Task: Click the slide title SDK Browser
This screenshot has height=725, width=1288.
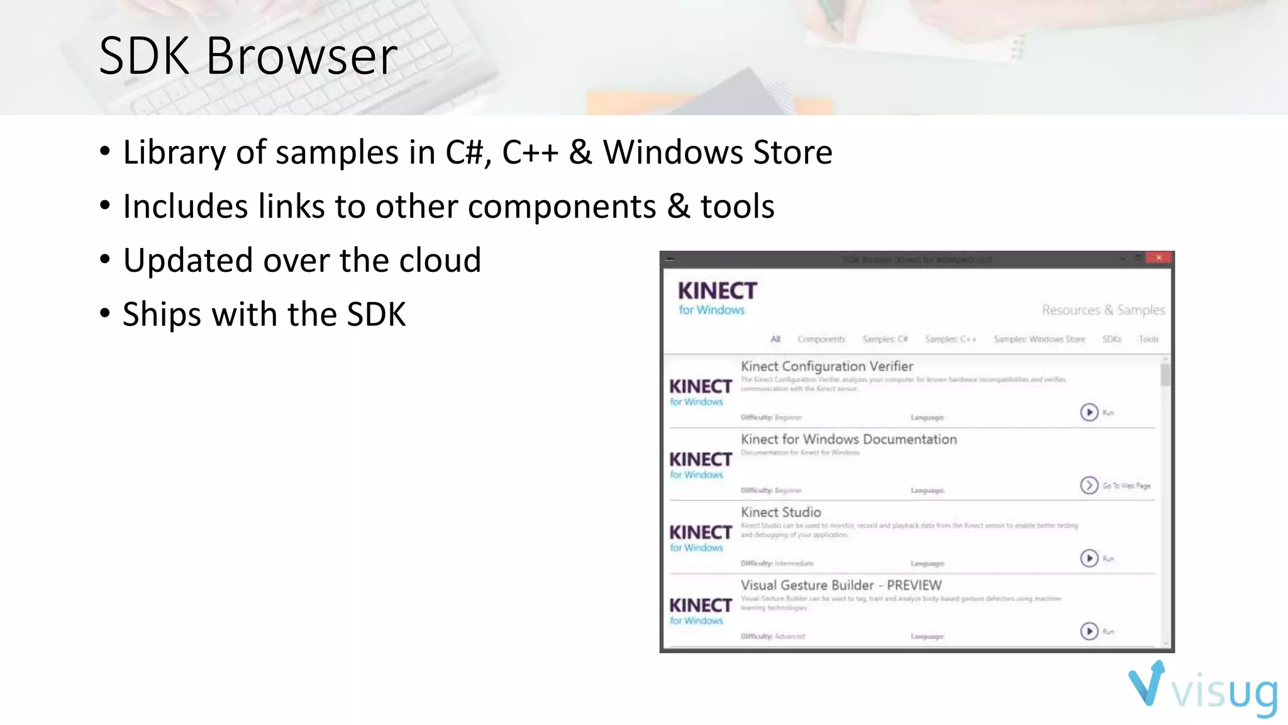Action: click(x=248, y=56)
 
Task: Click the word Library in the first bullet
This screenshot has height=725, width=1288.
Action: click(x=165, y=152)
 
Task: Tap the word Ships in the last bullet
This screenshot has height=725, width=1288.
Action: click(x=158, y=314)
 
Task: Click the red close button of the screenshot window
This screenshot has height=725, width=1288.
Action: click(x=1158, y=258)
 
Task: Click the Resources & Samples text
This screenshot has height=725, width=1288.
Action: click(x=1103, y=310)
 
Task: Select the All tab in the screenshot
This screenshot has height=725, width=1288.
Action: click(x=775, y=339)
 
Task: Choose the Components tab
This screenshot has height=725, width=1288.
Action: click(x=821, y=339)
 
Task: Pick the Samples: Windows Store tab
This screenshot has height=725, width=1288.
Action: click(x=1040, y=339)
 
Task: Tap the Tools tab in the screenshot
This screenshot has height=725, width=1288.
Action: click(x=1148, y=339)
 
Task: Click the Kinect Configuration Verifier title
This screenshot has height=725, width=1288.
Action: click(x=826, y=366)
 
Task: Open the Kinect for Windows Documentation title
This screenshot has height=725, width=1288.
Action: click(x=848, y=439)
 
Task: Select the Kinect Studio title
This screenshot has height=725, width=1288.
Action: click(x=780, y=512)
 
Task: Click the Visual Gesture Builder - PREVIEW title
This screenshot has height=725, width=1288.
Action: click(x=841, y=585)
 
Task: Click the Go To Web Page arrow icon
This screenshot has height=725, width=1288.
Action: click(x=1089, y=485)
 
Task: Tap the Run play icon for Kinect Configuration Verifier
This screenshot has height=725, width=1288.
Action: click(x=1089, y=412)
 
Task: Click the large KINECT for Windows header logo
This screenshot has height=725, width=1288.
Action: click(x=716, y=297)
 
